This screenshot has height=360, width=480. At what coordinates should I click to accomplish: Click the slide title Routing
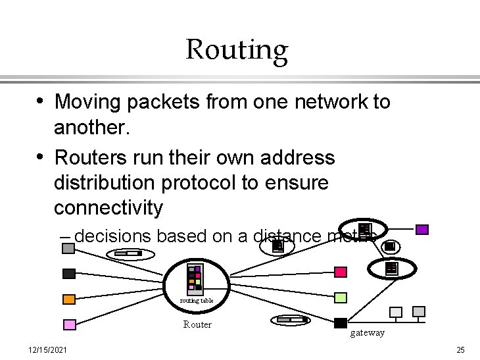[x=237, y=49]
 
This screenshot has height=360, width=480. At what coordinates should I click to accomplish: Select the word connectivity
[x=108, y=208]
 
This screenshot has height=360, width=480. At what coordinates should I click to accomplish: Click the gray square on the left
[x=68, y=248]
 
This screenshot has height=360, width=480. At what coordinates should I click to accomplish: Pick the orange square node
[x=69, y=299]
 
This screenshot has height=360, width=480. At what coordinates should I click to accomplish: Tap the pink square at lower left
[x=69, y=324]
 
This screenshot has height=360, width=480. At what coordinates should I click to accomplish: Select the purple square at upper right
[x=422, y=230]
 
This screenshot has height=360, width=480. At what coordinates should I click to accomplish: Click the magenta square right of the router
[x=340, y=272]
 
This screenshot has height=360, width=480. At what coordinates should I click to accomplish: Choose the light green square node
[x=340, y=297]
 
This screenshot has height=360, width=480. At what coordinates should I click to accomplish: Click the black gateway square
[x=341, y=322]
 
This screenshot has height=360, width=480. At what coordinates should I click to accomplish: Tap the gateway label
[x=367, y=333]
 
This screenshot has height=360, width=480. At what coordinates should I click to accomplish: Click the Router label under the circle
[x=197, y=324]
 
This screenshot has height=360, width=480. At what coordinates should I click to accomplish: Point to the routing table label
[x=197, y=301]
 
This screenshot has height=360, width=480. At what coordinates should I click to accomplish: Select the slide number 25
[x=460, y=349]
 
